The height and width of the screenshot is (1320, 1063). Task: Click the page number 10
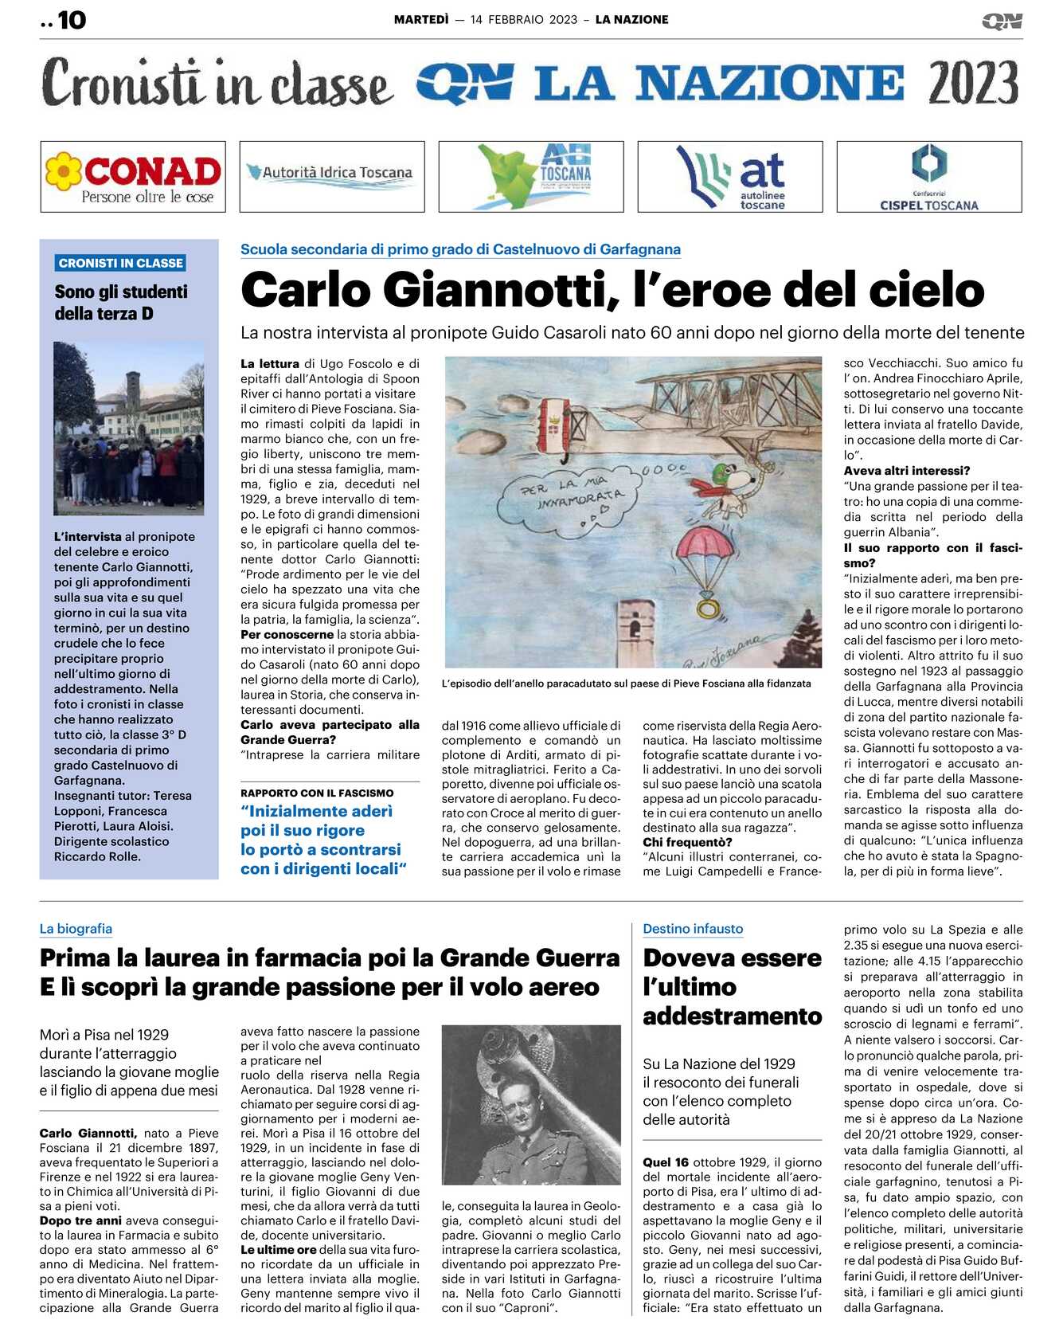(71, 20)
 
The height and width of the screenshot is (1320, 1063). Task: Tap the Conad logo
(133, 177)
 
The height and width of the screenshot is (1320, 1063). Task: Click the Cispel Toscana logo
(928, 177)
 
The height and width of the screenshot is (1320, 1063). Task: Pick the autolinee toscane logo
(730, 177)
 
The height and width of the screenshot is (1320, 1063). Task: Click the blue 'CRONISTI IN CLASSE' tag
(121, 263)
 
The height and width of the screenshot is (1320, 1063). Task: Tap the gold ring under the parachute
(707, 609)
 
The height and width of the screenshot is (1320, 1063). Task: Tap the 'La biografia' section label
(76, 929)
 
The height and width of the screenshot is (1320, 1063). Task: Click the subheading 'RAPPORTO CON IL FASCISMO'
(317, 793)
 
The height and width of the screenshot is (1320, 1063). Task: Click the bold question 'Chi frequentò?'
(687, 842)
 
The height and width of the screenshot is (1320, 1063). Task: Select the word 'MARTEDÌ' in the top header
(421, 20)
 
